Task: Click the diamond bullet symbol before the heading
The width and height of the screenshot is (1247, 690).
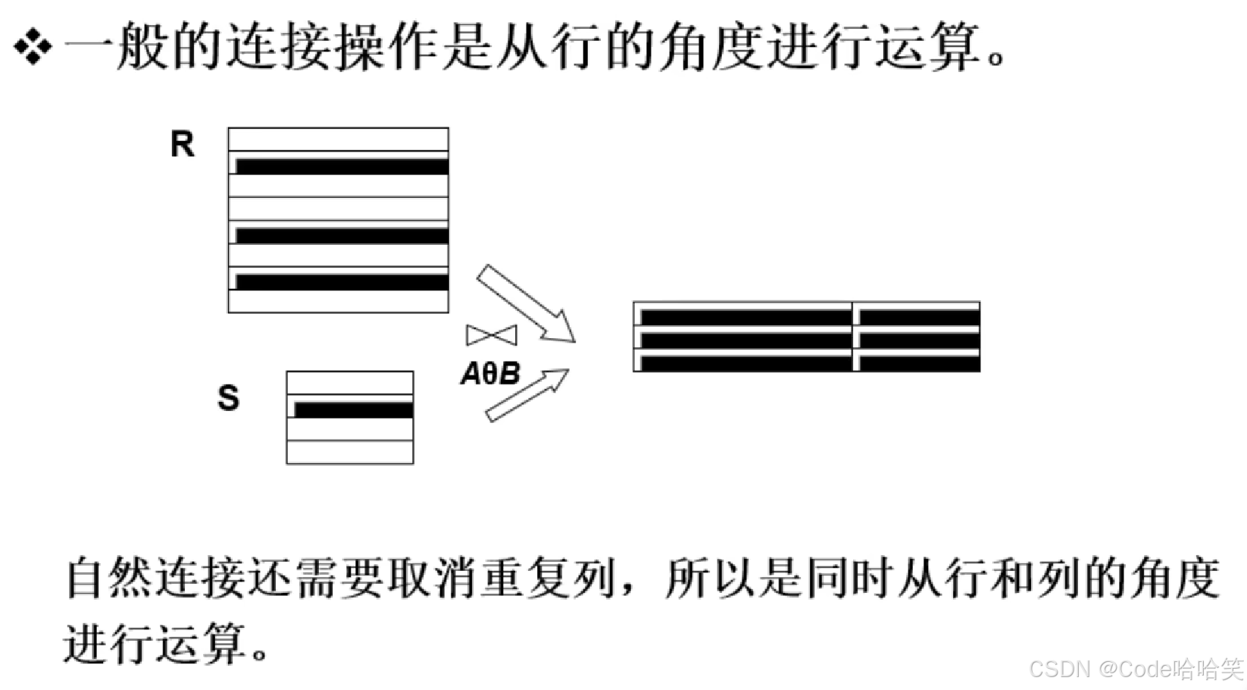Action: (33, 47)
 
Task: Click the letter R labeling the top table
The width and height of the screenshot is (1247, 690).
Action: (182, 144)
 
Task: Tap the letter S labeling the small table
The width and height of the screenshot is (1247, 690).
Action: (228, 398)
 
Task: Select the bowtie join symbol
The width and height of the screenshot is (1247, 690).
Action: (492, 334)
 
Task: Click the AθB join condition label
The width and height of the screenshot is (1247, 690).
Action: (491, 374)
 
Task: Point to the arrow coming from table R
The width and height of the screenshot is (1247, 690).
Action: (525, 304)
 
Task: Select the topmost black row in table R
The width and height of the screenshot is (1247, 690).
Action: (342, 167)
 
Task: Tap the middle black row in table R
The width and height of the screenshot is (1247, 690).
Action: (342, 236)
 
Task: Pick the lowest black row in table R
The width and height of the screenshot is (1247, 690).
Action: (342, 282)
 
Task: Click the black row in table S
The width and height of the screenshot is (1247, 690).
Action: (353, 410)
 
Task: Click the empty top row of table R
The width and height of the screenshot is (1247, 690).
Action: (338, 140)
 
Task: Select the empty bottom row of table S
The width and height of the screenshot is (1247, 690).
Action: (350, 452)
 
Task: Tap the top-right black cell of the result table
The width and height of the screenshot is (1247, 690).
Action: (918, 317)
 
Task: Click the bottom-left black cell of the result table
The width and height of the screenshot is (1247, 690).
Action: (745, 364)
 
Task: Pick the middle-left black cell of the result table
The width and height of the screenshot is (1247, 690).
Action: (745, 340)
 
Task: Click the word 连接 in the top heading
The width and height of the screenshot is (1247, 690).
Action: (277, 47)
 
